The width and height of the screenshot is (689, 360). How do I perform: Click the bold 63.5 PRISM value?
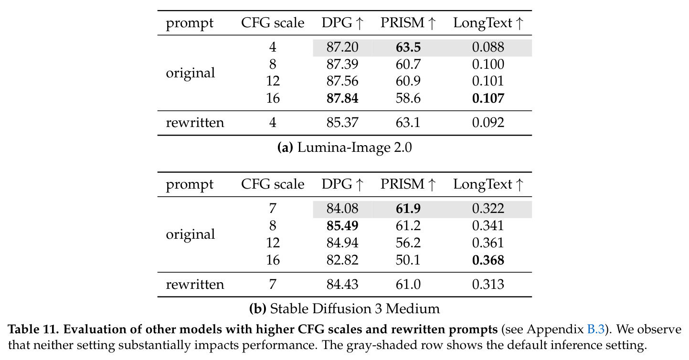click(408, 47)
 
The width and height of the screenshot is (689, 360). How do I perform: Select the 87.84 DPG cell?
click(342, 98)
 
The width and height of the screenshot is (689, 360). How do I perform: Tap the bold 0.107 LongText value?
click(488, 98)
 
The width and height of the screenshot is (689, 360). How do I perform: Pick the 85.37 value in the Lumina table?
click(342, 122)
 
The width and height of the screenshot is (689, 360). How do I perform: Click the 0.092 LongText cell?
click(488, 122)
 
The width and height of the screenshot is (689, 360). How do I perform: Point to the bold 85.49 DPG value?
click(342, 226)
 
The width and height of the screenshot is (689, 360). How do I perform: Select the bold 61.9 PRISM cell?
click(408, 209)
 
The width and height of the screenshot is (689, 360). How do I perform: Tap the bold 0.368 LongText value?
click(488, 260)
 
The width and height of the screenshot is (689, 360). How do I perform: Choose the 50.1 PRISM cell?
click(408, 260)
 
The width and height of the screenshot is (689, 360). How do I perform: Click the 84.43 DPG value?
click(342, 284)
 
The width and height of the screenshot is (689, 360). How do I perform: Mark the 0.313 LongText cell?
click(488, 284)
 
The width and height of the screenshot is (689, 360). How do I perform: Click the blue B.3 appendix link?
click(596, 329)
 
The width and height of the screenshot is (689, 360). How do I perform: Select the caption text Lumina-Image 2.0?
click(354, 148)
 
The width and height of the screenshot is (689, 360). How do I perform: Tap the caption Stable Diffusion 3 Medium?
click(355, 308)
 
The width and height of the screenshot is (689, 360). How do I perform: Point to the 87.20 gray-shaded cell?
click(342, 47)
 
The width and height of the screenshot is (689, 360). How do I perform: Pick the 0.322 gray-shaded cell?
click(488, 209)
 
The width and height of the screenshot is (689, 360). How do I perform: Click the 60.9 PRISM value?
click(408, 81)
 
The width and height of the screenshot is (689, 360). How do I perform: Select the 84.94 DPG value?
click(342, 243)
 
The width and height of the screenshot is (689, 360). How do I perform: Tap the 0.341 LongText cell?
click(488, 226)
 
